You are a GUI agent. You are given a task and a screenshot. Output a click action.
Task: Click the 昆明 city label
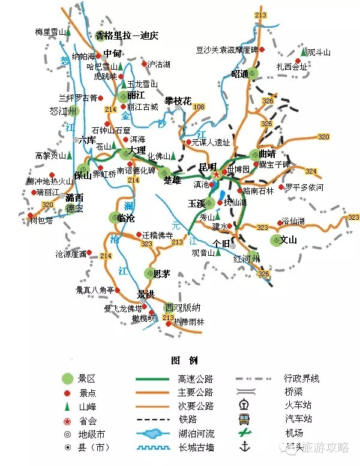[x=207, y=166]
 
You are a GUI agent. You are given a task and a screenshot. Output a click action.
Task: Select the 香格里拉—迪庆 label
[x=127, y=35]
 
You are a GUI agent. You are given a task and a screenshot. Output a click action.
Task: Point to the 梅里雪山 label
[x=49, y=31]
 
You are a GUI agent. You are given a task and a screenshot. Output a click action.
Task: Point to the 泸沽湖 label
[x=159, y=64]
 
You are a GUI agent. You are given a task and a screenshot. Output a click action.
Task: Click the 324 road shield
[x=310, y=171]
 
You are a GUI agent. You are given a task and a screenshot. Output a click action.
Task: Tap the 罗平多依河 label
[x=304, y=187]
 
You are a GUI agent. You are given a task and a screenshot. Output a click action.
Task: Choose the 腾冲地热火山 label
[x=48, y=181]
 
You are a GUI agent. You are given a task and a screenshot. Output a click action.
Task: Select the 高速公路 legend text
[x=195, y=379]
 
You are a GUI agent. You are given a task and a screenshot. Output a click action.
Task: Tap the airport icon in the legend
[x=244, y=432]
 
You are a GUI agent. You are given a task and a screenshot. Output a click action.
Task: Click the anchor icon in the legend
[x=244, y=447]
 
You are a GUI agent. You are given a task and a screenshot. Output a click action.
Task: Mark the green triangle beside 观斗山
[x=304, y=52]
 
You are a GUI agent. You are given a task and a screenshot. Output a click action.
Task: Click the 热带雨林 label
[x=189, y=321]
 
